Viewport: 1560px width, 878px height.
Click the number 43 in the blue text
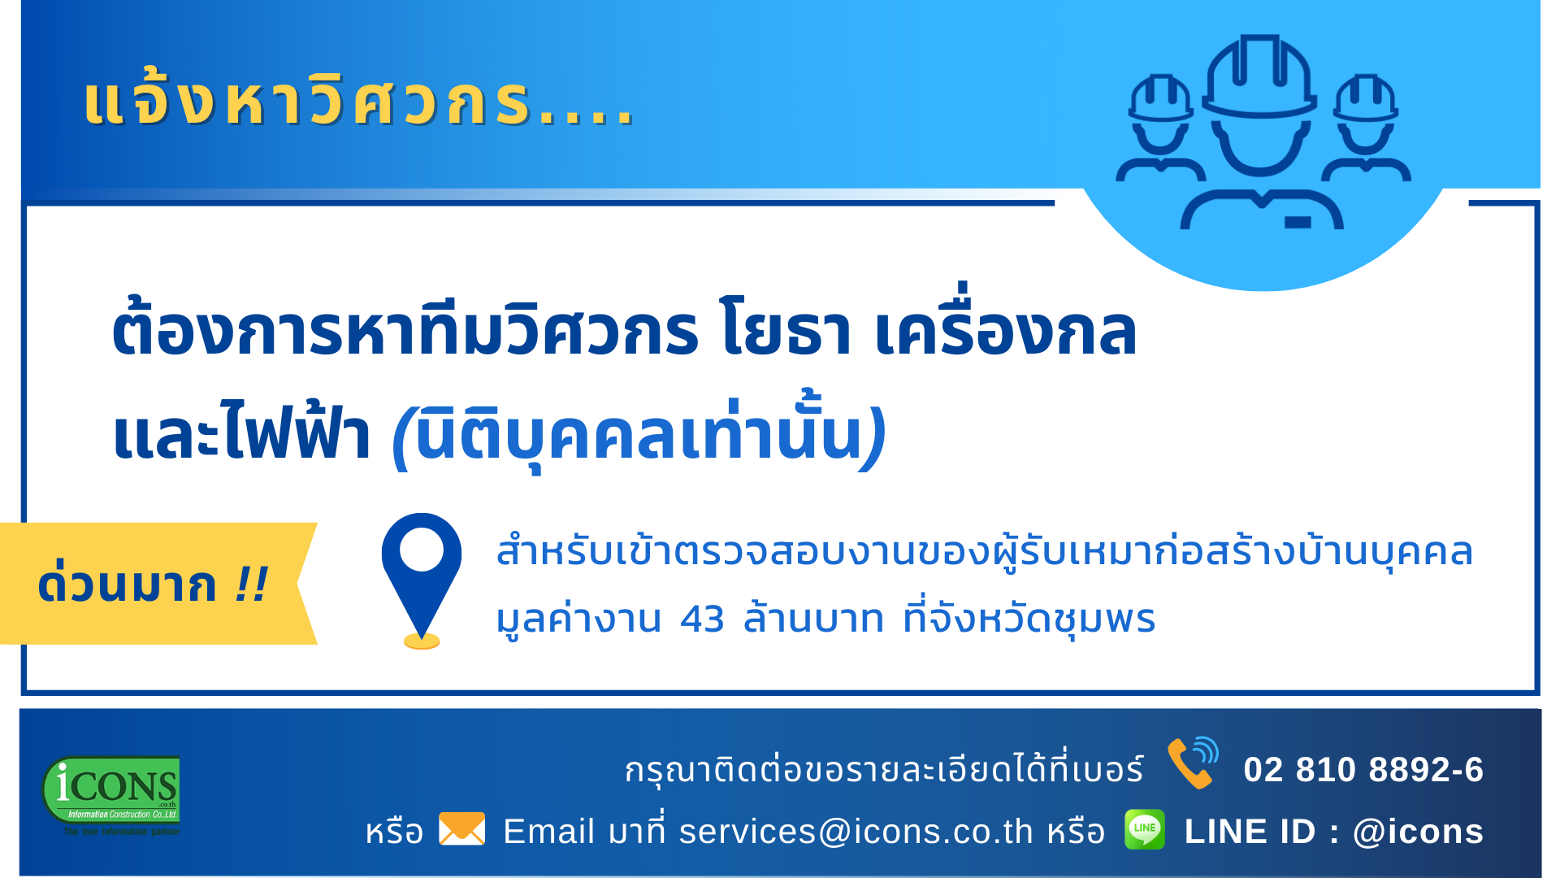tap(702, 619)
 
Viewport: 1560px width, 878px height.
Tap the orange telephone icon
tap(1193, 763)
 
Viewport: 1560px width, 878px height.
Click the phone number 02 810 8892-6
tap(1363, 769)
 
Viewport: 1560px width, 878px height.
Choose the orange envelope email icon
tap(461, 829)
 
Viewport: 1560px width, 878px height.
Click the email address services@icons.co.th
tap(856, 832)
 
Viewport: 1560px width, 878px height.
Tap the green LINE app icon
tap(1145, 829)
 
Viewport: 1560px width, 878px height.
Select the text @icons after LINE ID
tap(1418, 832)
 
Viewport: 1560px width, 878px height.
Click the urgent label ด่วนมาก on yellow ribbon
tap(128, 584)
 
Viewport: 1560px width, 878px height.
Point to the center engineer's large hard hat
tap(1259, 77)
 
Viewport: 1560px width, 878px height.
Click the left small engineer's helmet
tap(1161, 98)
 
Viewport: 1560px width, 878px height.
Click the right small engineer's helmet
tap(1366, 98)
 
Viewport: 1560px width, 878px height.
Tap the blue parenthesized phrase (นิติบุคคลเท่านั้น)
tap(639, 432)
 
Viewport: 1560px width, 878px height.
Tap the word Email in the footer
tap(548, 832)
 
